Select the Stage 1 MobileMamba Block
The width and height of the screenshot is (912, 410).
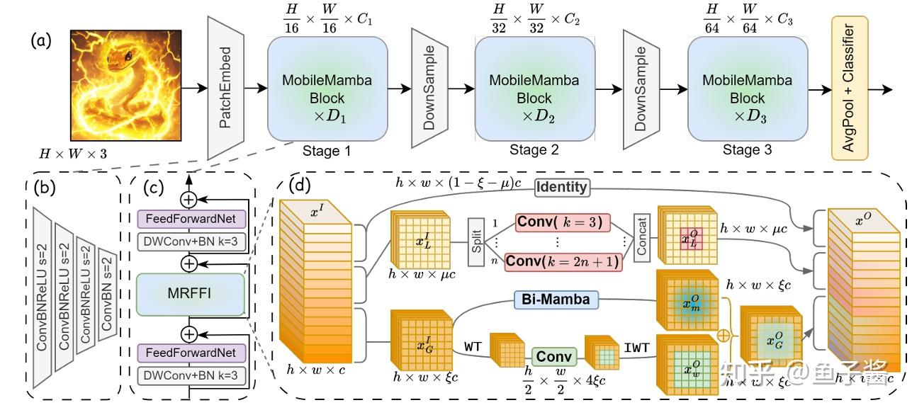327,89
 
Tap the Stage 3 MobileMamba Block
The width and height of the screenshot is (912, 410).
748,89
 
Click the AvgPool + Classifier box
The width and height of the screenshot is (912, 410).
849,89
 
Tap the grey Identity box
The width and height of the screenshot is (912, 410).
561,188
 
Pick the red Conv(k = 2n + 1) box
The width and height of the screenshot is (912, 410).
563,261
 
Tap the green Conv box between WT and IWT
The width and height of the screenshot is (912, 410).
554,357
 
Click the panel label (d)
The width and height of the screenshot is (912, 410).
300,186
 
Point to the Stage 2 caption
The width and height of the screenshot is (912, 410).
534,150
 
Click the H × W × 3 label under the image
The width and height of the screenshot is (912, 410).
74,153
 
